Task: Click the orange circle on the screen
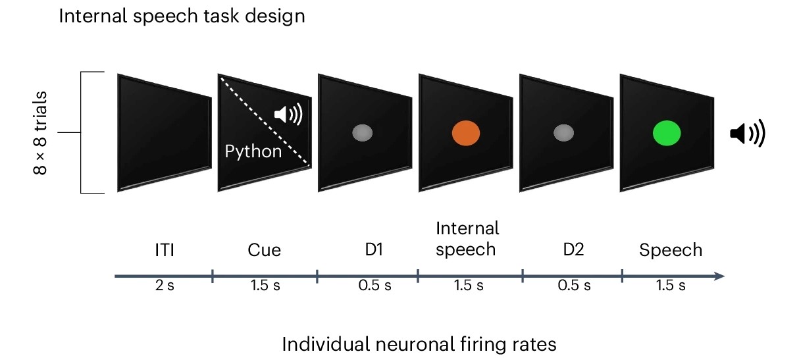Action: click(x=466, y=133)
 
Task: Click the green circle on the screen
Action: click(x=667, y=133)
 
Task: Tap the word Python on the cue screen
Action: click(x=253, y=152)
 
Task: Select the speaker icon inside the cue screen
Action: click(x=288, y=114)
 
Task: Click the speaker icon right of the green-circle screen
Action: click(x=748, y=133)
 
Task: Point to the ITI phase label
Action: click(x=165, y=249)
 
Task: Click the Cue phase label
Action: click(x=265, y=249)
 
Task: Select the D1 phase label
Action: click(x=374, y=249)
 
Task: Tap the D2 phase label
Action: click(x=573, y=249)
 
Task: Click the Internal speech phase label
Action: click(x=467, y=239)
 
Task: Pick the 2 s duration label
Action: click(x=165, y=286)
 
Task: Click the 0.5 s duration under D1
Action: click(x=374, y=286)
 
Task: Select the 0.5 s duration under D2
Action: click(x=574, y=286)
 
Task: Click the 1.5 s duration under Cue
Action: click(x=265, y=286)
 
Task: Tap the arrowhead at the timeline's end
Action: click(x=719, y=276)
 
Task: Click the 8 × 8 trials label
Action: click(x=39, y=133)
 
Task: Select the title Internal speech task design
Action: click(x=182, y=16)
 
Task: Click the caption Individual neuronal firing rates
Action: click(x=419, y=344)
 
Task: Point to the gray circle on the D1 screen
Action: click(x=363, y=133)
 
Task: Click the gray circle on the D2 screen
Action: click(x=563, y=133)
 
